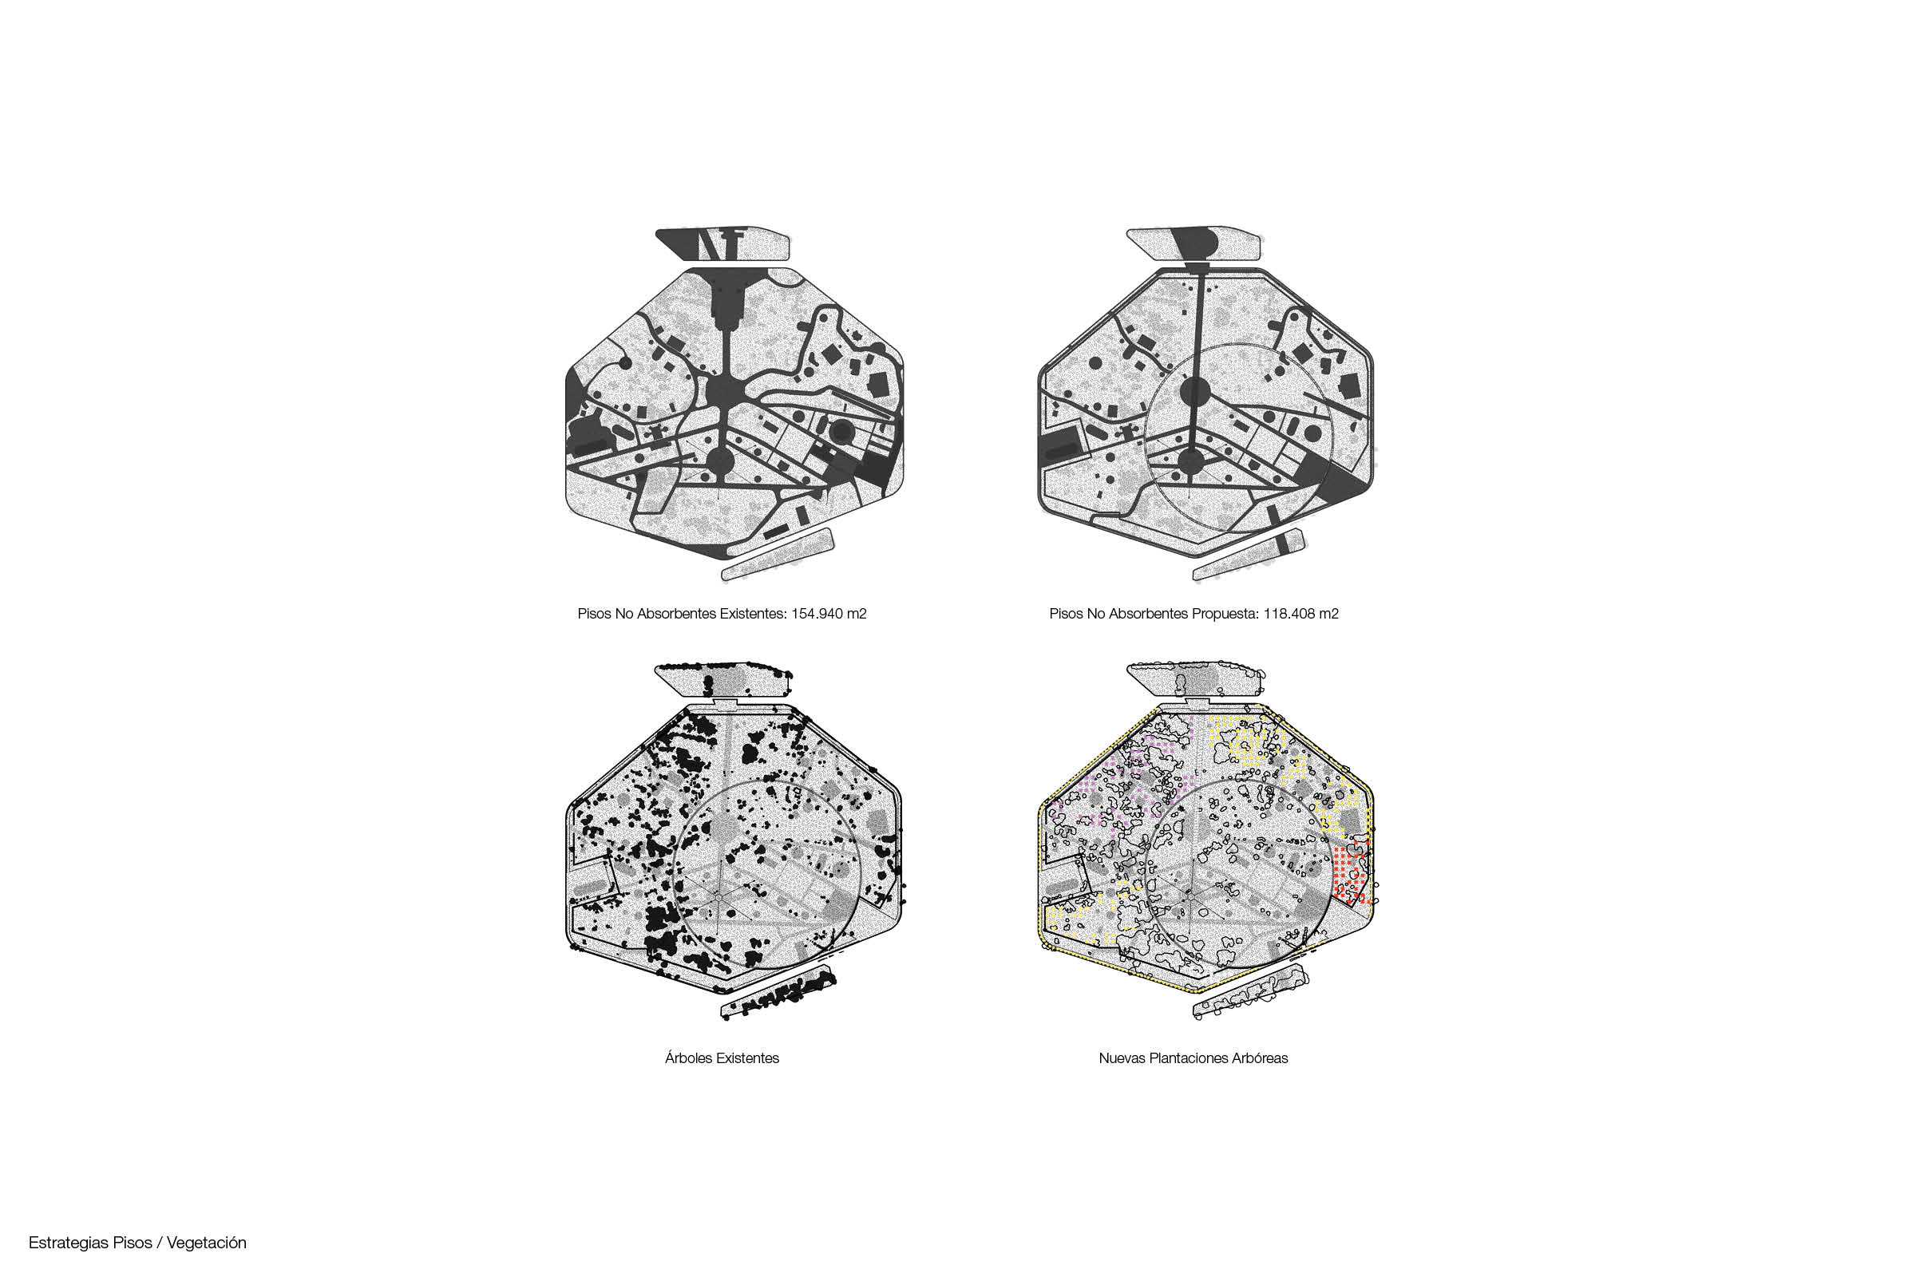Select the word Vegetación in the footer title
206,1242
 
